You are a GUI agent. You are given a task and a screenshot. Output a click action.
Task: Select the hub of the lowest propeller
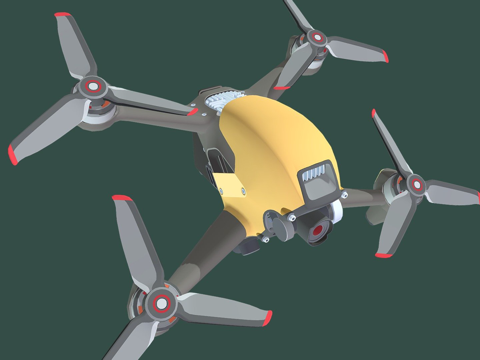(x=159, y=301)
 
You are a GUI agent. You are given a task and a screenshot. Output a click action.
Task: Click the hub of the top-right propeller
(x=318, y=39)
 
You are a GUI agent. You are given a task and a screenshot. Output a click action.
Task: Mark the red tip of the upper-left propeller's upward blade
(x=62, y=17)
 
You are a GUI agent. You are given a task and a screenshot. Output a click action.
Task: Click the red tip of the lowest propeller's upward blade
(x=121, y=200)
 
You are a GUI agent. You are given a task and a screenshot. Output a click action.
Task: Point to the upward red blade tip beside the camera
(x=374, y=114)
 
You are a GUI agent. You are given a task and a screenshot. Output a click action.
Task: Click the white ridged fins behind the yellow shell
(x=222, y=102)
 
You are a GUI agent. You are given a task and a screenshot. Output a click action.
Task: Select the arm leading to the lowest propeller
(x=201, y=255)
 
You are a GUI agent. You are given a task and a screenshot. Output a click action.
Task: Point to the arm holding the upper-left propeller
(x=150, y=104)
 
